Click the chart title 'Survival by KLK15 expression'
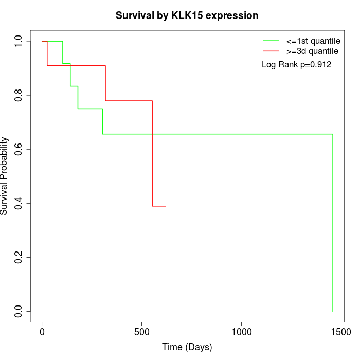click(x=187, y=15)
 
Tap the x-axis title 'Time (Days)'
click(x=187, y=347)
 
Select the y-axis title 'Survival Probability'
click(x=5, y=176)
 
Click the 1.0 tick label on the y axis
click(x=19, y=41)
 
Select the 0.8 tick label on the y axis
click(x=19, y=95)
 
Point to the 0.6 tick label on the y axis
click(x=19, y=149)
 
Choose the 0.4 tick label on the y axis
click(x=19, y=203)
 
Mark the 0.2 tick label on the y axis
click(x=19, y=257)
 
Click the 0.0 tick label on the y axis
click(x=19, y=311)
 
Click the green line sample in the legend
click(x=271, y=41)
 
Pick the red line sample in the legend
click(x=271, y=51)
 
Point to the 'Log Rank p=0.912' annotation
click(x=296, y=65)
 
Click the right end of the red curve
click(x=166, y=206)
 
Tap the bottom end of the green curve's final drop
click(x=333, y=311)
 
